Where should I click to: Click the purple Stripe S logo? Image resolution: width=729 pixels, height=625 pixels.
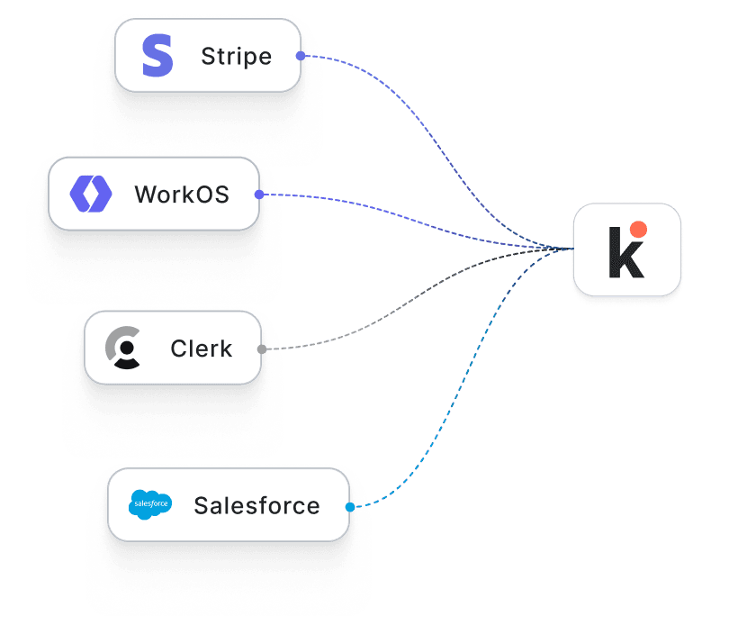tap(157, 56)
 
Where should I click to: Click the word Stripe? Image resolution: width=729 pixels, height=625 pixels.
tap(236, 57)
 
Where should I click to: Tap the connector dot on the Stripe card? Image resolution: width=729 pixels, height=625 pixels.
tap(301, 56)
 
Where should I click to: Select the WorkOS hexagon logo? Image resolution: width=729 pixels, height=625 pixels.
tap(91, 194)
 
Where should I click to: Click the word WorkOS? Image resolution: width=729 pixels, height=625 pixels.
tap(182, 195)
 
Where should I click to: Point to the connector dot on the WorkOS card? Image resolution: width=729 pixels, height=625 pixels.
tap(259, 195)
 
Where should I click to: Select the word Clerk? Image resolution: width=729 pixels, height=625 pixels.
tap(201, 349)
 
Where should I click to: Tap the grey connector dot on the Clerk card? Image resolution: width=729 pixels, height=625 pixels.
tap(262, 349)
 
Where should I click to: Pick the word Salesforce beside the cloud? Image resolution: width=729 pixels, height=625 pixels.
tap(256, 506)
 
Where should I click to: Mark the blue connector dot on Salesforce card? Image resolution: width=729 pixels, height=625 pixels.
tap(350, 506)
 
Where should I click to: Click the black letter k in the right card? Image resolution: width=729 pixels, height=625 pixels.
tap(625, 253)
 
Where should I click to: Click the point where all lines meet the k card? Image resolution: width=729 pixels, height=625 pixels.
tap(571, 249)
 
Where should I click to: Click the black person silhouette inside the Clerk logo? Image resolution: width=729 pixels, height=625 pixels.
tap(128, 352)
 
